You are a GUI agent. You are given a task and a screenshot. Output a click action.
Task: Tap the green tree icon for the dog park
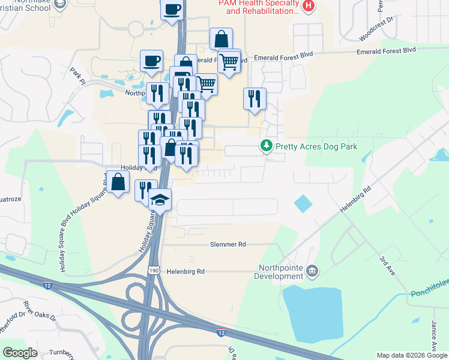tap(266, 146)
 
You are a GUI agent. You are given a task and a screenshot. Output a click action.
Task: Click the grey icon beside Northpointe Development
tap(312, 272)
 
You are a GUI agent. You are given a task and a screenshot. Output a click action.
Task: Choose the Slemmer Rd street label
tap(228, 245)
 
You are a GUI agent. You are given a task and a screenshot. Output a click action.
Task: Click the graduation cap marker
tap(160, 199)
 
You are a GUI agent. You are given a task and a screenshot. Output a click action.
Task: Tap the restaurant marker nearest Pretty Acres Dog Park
tap(255, 98)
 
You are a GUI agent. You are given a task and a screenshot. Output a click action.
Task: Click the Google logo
tap(20, 353)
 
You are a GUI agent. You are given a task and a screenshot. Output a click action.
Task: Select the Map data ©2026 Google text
tap(411, 355)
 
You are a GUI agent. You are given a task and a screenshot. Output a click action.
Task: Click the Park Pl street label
tap(76, 76)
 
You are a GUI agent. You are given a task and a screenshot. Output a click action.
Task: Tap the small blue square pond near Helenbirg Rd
tap(303, 204)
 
